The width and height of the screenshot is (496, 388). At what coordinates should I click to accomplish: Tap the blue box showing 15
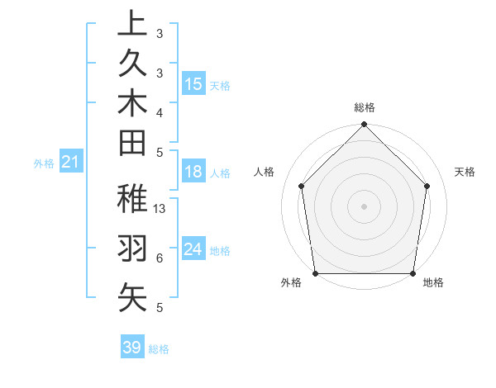[193, 84]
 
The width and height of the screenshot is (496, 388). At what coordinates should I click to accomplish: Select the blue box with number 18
[193, 172]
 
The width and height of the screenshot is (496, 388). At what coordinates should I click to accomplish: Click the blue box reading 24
[193, 249]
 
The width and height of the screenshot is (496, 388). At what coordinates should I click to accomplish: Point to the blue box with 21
[71, 163]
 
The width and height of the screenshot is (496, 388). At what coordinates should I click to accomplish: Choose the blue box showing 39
[132, 348]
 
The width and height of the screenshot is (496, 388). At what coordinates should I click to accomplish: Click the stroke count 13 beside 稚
[160, 209]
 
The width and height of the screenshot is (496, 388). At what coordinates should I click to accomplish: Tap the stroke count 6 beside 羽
[159, 258]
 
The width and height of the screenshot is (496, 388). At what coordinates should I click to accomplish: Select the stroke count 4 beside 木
[159, 111]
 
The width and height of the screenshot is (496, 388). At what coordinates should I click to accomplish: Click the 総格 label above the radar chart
[365, 107]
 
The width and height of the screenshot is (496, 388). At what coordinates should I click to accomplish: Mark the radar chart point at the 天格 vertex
[427, 185]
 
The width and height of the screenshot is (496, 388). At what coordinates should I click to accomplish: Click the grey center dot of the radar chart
[365, 206]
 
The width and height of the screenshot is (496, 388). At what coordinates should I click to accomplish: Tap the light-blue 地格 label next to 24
[220, 250]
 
